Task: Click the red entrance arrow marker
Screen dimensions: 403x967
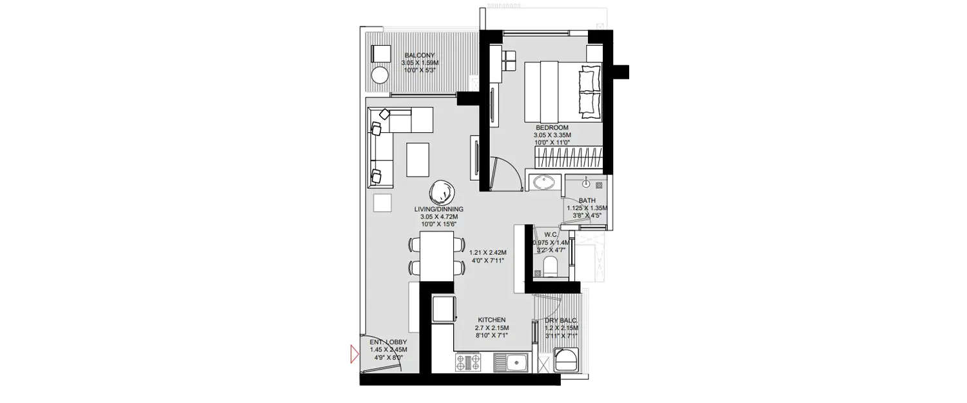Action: click(354, 354)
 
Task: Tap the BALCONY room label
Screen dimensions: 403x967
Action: click(419, 55)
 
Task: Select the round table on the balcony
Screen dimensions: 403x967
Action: click(380, 75)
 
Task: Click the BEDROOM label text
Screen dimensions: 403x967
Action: click(551, 128)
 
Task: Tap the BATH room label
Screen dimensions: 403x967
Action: click(587, 201)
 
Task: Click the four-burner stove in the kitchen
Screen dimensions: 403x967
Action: click(467, 362)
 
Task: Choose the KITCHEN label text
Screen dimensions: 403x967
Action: click(491, 320)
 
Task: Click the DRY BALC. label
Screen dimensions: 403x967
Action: click(560, 320)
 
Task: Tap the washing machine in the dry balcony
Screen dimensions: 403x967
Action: click(567, 360)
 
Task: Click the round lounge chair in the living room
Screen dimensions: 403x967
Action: click(442, 192)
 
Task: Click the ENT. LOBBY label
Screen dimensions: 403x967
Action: click(386, 342)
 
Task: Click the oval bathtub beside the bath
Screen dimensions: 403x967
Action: click(545, 182)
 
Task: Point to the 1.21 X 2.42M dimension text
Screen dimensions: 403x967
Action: click(487, 253)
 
